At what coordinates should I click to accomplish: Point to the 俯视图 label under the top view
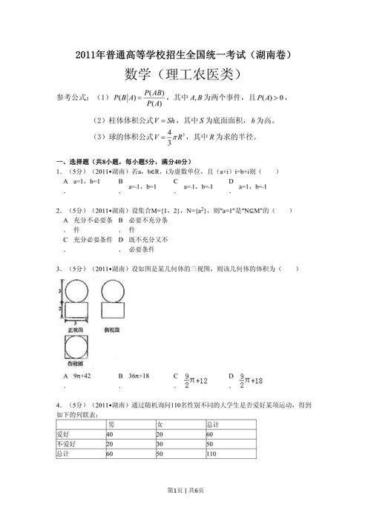76,366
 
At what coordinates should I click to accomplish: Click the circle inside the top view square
76,347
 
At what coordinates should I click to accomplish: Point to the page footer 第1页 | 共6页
185,511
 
